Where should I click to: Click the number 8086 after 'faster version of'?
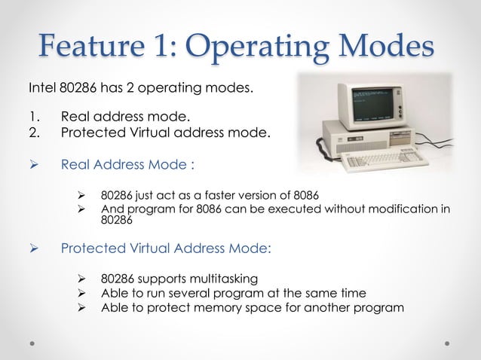304,195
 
